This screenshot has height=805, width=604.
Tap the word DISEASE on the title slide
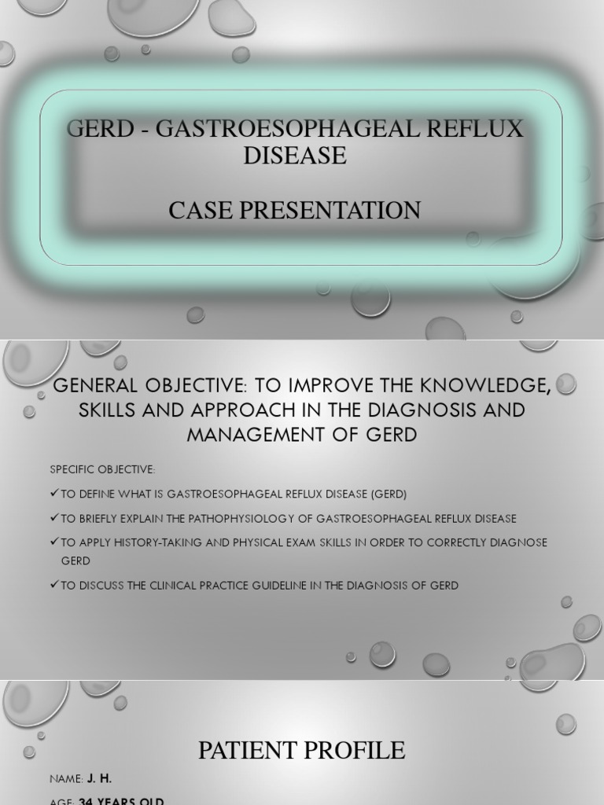294,156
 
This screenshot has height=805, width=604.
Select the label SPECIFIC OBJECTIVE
102,469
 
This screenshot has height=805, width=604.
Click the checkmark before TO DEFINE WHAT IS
53,494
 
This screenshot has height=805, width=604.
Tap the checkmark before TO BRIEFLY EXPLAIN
53,518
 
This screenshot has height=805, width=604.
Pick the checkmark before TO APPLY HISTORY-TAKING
53,542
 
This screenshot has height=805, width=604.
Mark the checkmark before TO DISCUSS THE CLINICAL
53,586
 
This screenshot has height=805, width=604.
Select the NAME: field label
66,778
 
